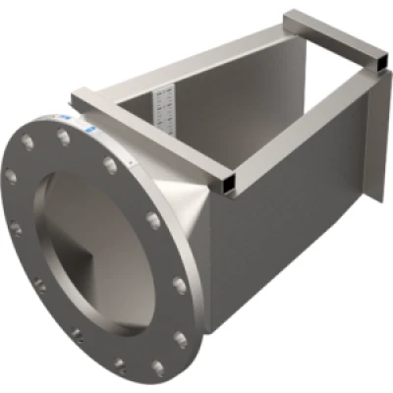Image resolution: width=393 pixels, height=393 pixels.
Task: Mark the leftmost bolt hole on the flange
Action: [x=11, y=176]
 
